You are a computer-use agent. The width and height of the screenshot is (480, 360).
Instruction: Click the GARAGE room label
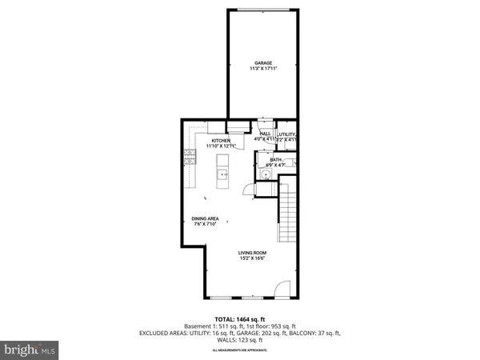tap(263, 62)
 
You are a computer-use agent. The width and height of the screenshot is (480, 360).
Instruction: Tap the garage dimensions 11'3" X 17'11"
tap(263, 70)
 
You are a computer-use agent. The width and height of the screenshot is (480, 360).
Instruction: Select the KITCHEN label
tap(198, 141)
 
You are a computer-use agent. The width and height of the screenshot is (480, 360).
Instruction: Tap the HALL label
tap(264, 134)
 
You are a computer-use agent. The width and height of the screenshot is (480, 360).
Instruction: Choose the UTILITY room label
tap(287, 134)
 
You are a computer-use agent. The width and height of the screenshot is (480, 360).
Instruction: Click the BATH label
tap(275, 159)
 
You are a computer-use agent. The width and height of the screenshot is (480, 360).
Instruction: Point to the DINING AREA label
tap(206, 218)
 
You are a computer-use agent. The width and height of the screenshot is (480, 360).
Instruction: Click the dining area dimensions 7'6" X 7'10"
tap(206, 225)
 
